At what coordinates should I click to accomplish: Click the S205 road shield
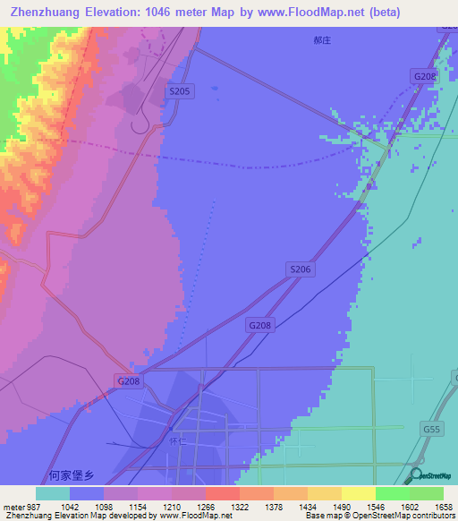(180, 91)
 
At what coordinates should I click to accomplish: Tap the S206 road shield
(301, 269)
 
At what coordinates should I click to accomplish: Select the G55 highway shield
(432, 430)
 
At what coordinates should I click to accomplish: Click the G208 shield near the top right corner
(425, 77)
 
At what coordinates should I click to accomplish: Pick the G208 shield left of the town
(129, 381)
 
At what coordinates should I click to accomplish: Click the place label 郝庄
(323, 41)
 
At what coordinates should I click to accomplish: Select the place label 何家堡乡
(72, 476)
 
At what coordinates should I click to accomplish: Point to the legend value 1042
(86, 507)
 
